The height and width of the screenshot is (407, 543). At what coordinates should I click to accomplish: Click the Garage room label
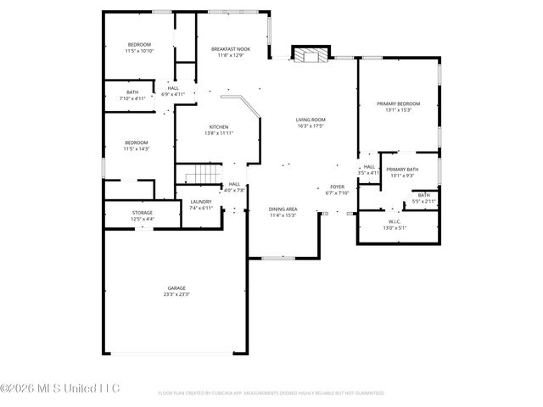[176, 288]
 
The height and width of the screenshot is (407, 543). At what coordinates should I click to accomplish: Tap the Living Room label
[311, 120]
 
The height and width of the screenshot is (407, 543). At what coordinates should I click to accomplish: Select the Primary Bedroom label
[398, 103]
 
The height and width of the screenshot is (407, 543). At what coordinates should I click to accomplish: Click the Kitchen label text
[219, 127]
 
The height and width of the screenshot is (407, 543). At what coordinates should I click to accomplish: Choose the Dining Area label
[283, 209]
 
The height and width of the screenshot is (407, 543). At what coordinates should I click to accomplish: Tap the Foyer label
[337, 186]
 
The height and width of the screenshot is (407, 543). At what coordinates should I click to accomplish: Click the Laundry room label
[200, 202]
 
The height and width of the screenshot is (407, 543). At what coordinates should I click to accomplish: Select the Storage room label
[142, 213]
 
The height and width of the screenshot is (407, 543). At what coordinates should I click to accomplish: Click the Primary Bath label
[402, 170]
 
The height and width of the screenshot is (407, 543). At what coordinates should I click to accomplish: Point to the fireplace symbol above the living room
[306, 53]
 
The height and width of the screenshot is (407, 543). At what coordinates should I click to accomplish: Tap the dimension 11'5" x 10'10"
[139, 51]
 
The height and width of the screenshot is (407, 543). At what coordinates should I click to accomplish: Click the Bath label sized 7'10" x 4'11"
[132, 92]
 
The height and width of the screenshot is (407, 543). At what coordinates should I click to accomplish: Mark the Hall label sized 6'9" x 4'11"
[173, 87]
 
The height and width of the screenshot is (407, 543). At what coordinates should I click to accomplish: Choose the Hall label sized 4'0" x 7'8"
[234, 184]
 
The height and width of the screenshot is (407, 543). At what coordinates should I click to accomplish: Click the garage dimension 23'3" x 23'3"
[176, 294]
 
